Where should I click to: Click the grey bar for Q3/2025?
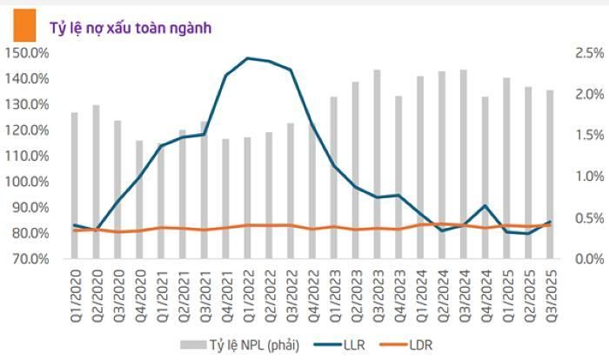[550, 174]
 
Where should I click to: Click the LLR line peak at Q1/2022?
[248, 58]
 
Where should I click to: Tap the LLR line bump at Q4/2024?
[485, 205]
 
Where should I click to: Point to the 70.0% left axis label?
[29, 259]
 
